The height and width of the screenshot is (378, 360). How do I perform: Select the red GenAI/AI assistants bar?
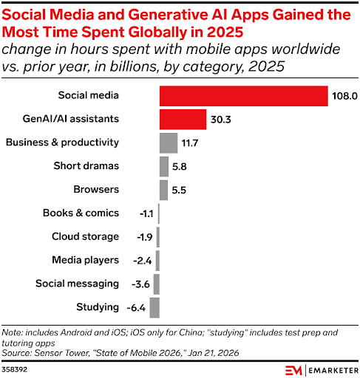[x=183, y=120]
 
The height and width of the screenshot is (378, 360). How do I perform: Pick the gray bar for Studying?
[x=154, y=307]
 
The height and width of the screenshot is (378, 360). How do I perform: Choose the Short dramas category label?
[x=86, y=166]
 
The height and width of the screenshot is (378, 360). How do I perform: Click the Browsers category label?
[x=95, y=190]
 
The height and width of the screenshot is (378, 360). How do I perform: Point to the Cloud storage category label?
[x=85, y=236]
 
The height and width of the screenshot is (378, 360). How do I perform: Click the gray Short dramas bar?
[x=163, y=166]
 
